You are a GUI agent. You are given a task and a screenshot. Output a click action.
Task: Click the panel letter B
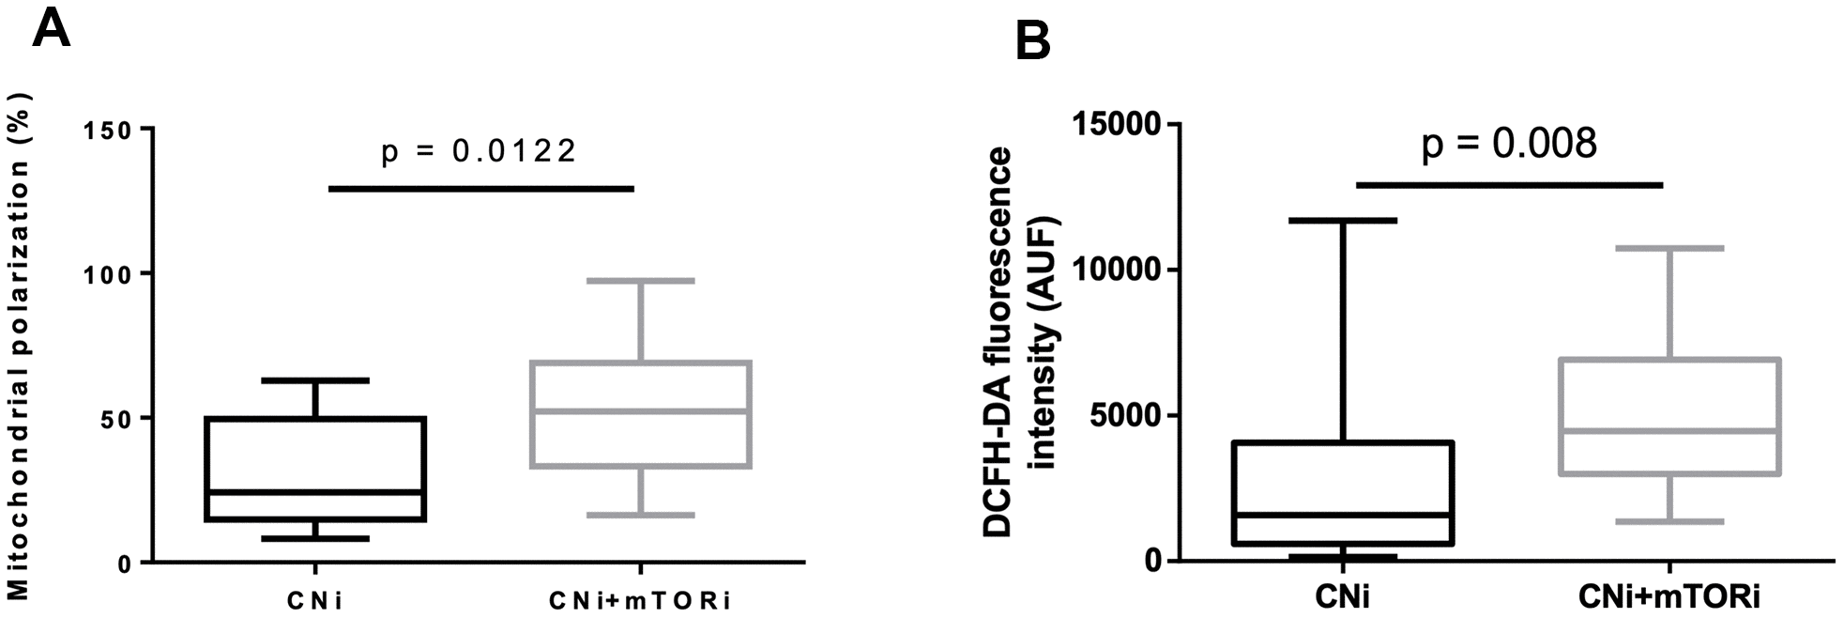(1033, 43)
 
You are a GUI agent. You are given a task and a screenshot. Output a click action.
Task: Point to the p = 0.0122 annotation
(479, 150)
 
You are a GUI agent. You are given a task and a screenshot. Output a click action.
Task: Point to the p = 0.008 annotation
(1509, 144)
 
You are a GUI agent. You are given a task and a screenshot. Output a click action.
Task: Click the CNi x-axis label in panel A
(314, 600)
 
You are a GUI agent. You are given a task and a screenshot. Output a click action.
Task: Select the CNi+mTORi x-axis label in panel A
(640, 600)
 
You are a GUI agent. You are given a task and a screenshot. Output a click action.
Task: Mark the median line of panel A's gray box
(640, 410)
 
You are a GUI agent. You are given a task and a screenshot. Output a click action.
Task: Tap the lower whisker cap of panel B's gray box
(1670, 521)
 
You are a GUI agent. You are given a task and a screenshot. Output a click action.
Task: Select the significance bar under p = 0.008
(1509, 185)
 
